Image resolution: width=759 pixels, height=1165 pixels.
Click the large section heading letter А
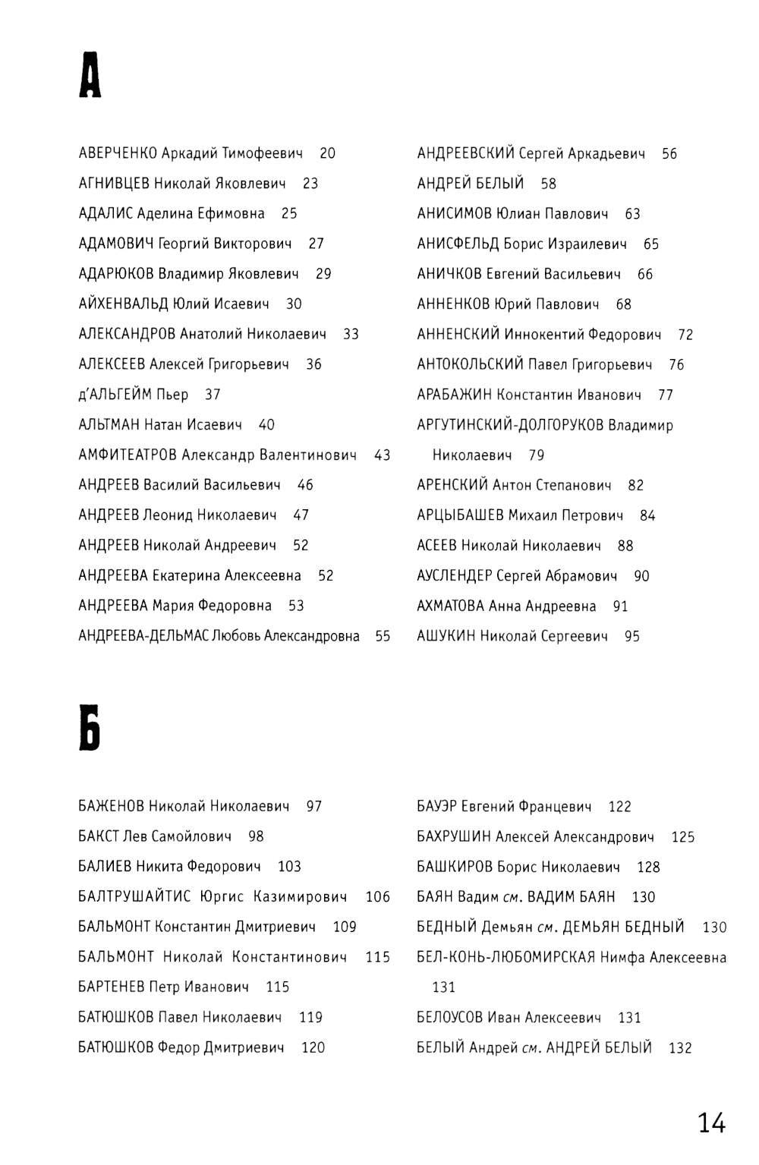coord(90,77)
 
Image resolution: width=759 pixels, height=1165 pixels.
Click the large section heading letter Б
coord(90,729)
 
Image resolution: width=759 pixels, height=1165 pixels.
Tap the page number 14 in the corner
coord(711,1122)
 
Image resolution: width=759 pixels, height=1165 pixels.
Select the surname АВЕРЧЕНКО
coord(118,153)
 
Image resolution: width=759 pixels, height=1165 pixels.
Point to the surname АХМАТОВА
coord(450,606)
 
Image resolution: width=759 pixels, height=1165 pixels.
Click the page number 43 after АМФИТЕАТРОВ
coord(383,455)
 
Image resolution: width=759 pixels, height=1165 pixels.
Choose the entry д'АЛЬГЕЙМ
coord(115,395)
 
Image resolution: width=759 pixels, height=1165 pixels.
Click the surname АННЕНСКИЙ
coord(458,335)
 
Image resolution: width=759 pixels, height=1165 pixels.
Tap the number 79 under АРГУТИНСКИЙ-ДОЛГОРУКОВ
coord(537,455)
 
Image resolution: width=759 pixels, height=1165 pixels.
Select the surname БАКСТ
coord(99,836)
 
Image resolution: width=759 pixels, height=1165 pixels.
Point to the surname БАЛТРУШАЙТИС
coord(134,897)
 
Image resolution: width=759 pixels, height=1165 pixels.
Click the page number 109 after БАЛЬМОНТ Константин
coord(345,927)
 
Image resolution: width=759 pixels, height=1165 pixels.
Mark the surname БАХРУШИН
coord(454,837)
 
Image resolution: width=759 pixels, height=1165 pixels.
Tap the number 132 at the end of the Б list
coord(680,1048)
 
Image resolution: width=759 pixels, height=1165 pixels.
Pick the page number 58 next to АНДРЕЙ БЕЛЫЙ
coord(549,184)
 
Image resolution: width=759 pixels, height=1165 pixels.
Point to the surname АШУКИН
coord(446,637)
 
